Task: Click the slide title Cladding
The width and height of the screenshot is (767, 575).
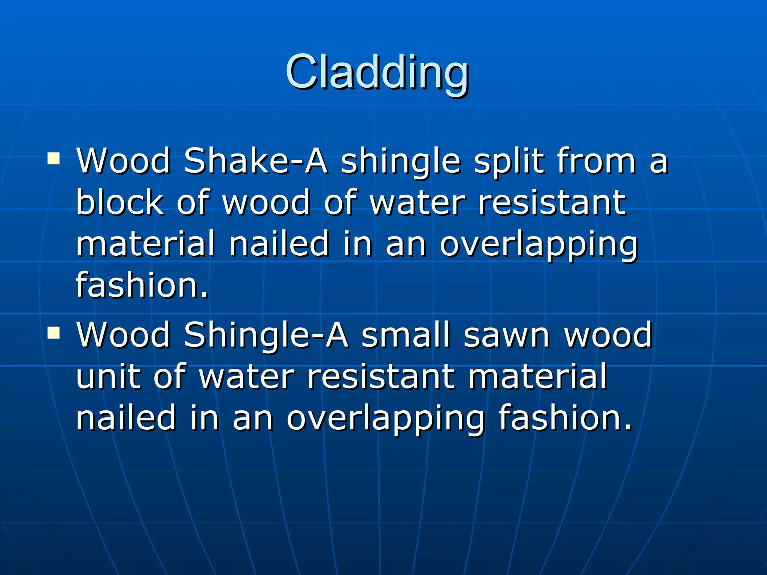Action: pos(377,72)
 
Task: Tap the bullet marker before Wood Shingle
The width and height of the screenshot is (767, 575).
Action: pos(54,332)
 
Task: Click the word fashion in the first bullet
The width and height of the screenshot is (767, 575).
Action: pos(142,285)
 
